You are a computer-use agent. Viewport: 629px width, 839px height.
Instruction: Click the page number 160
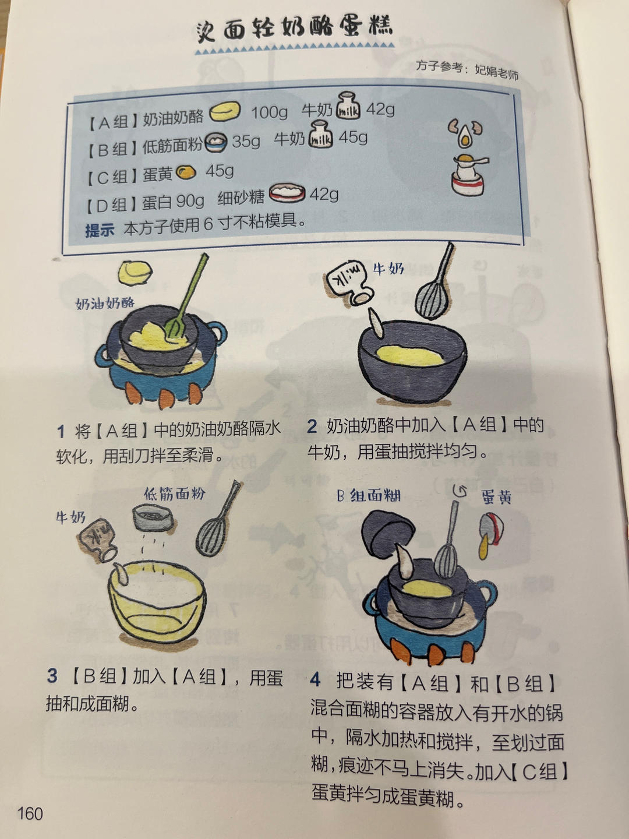(30, 813)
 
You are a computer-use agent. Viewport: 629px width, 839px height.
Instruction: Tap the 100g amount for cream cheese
(269, 112)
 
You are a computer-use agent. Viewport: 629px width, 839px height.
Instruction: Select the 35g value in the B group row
(246, 141)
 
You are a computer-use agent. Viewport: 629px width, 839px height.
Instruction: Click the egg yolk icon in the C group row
(186, 172)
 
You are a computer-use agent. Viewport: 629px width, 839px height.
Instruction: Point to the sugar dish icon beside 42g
(287, 193)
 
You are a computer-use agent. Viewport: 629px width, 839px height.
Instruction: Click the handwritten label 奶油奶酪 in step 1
(105, 303)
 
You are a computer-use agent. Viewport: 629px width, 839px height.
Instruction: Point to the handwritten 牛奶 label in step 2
(388, 269)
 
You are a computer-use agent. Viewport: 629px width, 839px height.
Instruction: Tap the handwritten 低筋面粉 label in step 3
(175, 494)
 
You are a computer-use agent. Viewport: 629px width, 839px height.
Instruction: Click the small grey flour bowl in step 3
(153, 517)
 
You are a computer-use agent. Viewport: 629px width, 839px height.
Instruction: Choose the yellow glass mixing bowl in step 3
(157, 603)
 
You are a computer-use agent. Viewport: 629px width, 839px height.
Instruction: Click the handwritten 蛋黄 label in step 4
(496, 497)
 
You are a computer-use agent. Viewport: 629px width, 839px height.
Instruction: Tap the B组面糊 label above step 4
(368, 496)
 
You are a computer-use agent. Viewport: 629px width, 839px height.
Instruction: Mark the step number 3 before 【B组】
(52, 676)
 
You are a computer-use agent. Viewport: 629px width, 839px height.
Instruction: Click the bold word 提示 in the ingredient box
(100, 230)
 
